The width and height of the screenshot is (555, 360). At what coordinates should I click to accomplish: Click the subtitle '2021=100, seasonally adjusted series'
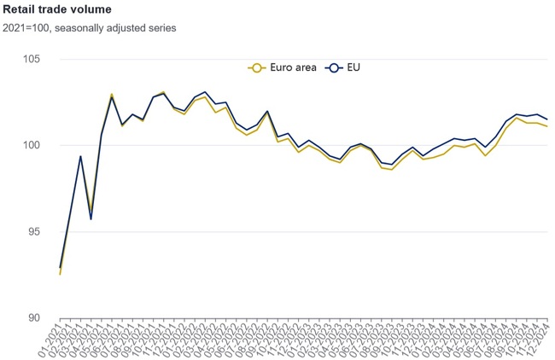[x=90, y=27]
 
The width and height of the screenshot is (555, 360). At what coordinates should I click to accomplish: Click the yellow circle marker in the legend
[x=254, y=67]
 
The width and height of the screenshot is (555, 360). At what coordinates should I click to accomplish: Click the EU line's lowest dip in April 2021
[x=91, y=219]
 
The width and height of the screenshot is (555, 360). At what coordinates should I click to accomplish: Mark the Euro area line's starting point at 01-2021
[x=60, y=274]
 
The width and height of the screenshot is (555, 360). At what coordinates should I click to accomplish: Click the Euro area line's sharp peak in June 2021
[x=112, y=94]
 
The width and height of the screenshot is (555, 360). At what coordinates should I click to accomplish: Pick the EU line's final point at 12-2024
[x=546, y=119]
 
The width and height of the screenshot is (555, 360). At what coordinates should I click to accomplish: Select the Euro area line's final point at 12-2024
[x=546, y=126]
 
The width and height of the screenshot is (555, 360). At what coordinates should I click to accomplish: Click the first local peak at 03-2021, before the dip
[x=80, y=156]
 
